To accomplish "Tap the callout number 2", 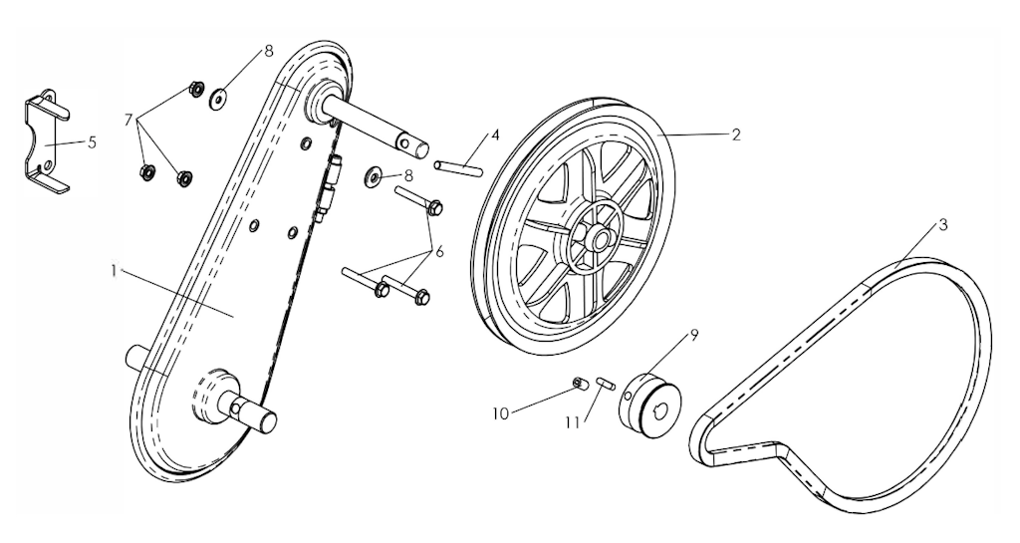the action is tap(736, 135).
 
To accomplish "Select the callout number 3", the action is tap(942, 225).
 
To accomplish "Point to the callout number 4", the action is tap(495, 136).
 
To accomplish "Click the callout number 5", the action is tap(92, 142).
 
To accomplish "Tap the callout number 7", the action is tap(128, 121).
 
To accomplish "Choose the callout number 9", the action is tap(693, 336).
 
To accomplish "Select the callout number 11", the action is tap(573, 422).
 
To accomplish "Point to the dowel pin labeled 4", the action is tap(459, 167).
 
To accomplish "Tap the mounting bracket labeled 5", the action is tap(45, 141).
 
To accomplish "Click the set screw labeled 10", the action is tap(581, 383).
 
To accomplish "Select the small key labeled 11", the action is tap(605, 383).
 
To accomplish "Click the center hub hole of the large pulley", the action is tap(598, 239).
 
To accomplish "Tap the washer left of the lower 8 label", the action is tap(375, 175).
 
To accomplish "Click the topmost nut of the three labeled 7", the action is tap(193, 88).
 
